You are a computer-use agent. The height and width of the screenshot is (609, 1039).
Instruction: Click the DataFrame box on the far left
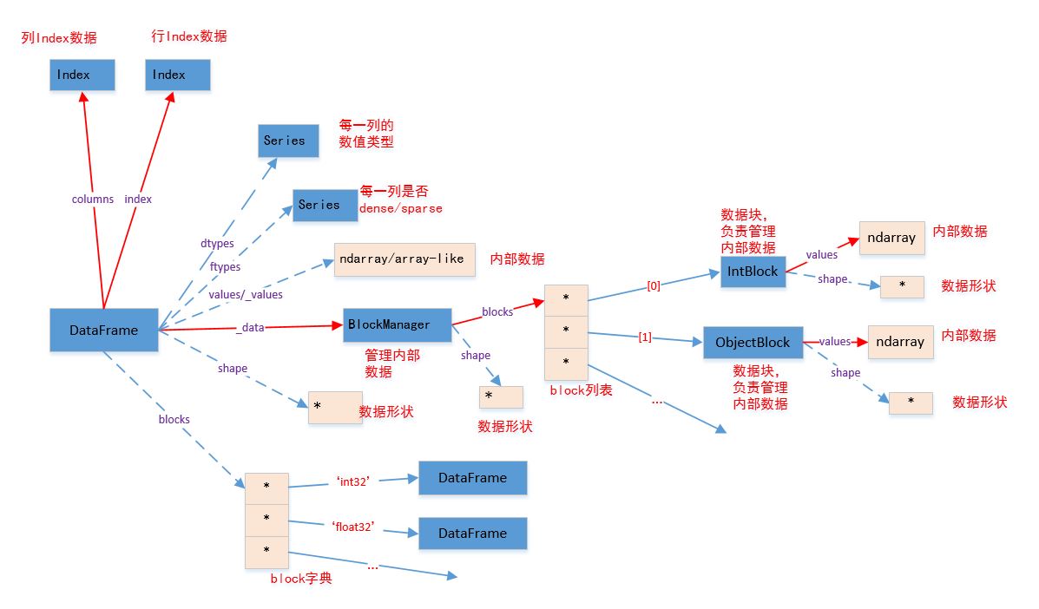(x=105, y=330)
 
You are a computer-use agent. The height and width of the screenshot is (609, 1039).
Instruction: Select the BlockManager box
(x=398, y=324)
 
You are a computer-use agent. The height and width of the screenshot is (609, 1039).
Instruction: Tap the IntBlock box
(x=753, y=272)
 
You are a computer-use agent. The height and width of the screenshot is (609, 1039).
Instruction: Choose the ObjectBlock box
(x=753, y=342)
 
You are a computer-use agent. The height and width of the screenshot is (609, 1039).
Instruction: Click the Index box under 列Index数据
(x=82, y=75)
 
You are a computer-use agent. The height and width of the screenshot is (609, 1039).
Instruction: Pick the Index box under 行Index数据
(x=177, y=75)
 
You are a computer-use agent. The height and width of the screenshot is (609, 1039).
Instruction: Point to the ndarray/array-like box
(x=404, y=259)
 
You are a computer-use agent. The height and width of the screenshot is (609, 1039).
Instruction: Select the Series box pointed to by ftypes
(x=325, y=205)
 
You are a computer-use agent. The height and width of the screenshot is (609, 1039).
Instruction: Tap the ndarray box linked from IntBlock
(x=891, y=237)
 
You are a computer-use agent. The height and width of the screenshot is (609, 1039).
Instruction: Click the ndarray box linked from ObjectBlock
(x=900, y=342)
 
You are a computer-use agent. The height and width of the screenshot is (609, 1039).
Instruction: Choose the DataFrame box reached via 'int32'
(x=472, y=477)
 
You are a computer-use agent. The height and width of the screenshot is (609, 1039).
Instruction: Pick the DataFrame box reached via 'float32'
(x=472, y=533)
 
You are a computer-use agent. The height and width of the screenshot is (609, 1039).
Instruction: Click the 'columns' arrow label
(x=92, y=199)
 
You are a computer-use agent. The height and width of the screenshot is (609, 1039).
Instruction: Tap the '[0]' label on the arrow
(x=654, y=285)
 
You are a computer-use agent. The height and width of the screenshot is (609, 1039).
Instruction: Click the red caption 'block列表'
(x=581, y=390)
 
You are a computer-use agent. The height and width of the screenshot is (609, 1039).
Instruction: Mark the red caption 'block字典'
(x=300, y=579)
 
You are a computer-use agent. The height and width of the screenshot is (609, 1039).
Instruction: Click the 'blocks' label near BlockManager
(x=497, y=311)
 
